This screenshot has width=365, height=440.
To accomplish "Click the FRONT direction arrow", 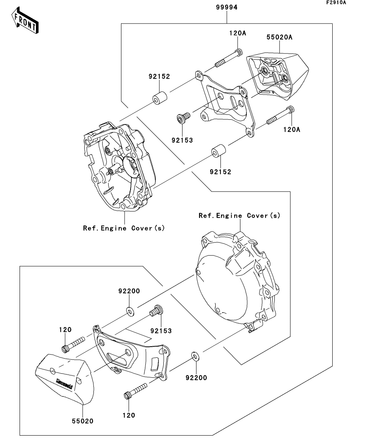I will pos(25,21).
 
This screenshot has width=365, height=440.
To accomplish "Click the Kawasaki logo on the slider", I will pos(64,383).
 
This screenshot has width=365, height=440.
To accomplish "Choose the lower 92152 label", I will pos(220,172).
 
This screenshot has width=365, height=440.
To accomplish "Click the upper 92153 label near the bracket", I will pos(182,140).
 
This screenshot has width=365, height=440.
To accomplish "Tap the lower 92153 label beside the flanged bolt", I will pos(162,331).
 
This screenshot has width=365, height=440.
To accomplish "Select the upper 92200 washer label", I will pos(129,291).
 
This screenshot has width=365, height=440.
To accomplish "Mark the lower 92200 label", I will pos(196,377).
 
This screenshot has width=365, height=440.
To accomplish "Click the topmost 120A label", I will pos(238,34).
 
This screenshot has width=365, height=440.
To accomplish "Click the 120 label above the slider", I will pos(65,330).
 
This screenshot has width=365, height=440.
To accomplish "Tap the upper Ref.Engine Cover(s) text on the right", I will pos(240,215).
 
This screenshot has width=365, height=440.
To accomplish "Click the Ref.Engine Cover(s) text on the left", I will pos(124,228).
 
